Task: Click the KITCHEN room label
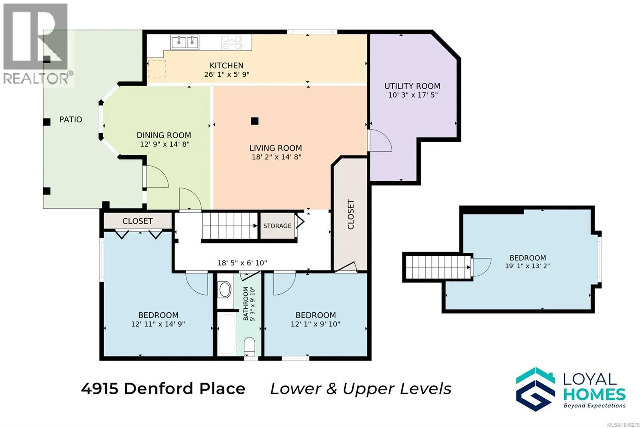[x=226, y=66]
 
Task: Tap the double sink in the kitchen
[x=185, y=43]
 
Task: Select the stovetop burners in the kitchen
[x=232, y=43]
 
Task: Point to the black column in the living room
[x=254, y=121]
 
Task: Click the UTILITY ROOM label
[x=412, y=86]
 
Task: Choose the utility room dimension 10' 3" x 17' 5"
[x=413, y=95]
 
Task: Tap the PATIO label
[x=71, y=119]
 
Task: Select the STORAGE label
[x=277, y=226]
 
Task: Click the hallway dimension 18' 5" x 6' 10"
[x=242, y=263]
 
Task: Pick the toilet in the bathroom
[x=249, y=346]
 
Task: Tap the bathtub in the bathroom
[x=227, y=334]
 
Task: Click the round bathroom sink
[x=225, y=290]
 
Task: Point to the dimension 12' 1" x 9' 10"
[x=315, y=324]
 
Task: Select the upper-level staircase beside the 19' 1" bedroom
[x=438, y=267]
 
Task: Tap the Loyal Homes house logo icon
[x=535, y=389]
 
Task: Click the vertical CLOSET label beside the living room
[x=351, y=214]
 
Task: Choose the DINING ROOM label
[x=164, y=135]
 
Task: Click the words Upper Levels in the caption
[x=397, y=389]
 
